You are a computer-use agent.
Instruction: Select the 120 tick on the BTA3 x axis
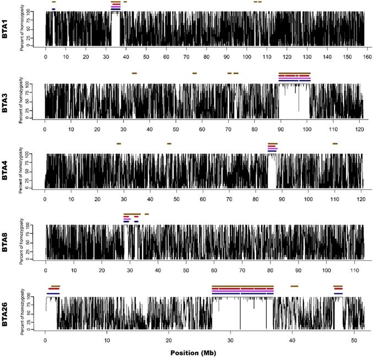[x=359, y=129]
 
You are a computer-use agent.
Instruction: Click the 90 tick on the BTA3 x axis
[x=280, y=129]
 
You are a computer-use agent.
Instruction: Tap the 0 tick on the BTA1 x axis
[x=46, y=57]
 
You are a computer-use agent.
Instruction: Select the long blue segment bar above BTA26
[x=242, y=294]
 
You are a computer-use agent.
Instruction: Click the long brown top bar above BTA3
[x=295, y=73]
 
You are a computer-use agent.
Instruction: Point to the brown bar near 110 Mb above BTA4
[x=335, y=143]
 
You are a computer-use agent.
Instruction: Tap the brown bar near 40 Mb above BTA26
[x=294, y=286]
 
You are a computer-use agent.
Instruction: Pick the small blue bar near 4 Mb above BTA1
[x=53, y=9]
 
